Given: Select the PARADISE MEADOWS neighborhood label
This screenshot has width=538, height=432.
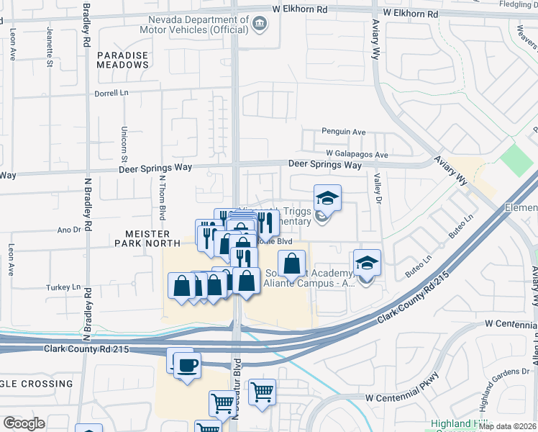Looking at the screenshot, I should pyautogui.click(x=123, y=60).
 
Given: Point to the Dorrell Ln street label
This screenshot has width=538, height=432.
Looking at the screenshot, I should pyautogui.click(x=117, y=94).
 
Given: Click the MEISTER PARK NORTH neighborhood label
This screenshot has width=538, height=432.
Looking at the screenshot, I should pyautogui.click(x=137, y=239).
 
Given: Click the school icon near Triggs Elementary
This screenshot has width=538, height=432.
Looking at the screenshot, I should pyautogui.click(x=327, y=199).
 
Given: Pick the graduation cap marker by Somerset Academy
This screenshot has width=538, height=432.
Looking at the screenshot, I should pyautogui.click(x=367, y=264).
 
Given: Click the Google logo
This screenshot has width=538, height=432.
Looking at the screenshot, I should pyautogui.click(x=23, y=423).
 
